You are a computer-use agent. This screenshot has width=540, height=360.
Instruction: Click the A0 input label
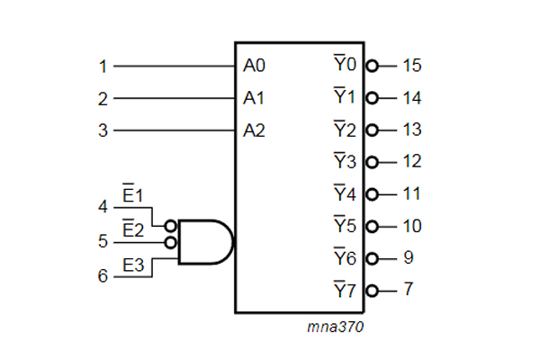254,66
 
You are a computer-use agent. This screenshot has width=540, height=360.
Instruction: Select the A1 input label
254,97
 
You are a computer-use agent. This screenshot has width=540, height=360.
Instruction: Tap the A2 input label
254,130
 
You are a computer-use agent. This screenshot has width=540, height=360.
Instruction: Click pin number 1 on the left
103,66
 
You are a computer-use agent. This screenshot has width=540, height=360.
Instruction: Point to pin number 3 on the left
103,130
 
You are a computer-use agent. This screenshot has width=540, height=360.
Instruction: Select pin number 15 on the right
411,66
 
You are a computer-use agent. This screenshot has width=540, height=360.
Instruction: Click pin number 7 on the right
409,291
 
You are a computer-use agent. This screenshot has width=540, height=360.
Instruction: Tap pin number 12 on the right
411,162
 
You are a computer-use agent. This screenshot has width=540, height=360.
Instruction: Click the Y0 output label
345,65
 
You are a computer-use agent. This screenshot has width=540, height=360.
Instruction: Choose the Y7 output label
345,290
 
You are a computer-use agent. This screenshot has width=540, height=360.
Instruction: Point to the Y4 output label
345,193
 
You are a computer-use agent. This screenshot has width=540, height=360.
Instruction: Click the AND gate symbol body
205,241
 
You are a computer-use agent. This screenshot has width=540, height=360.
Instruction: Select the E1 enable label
133,195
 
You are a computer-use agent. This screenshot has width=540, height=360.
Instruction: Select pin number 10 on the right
411,226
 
